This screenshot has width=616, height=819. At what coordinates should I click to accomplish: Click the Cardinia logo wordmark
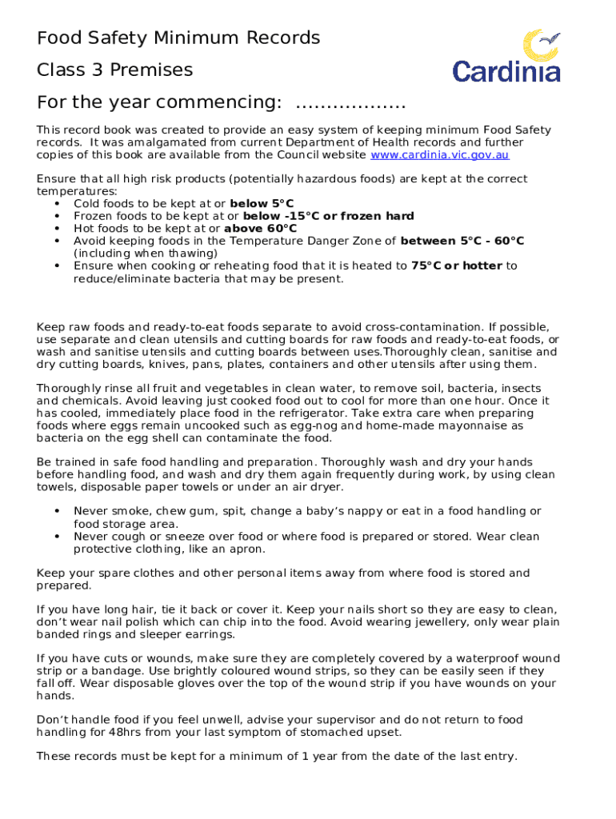(x=506, y=70)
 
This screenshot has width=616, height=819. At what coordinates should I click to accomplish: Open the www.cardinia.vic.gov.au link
(x=439, y=155)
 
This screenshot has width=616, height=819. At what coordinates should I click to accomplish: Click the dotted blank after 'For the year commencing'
(x=350, y=103)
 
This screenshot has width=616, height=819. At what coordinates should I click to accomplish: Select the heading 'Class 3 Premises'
(x=114, y=70)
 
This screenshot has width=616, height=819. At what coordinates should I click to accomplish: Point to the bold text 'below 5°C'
(x=262, y=204)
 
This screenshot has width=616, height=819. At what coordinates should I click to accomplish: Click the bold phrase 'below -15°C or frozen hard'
(x=328, y=216)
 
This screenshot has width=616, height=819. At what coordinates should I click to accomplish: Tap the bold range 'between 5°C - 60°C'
(x=462, y=241)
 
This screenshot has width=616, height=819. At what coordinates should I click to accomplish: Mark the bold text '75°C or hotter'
(x=457, y=266)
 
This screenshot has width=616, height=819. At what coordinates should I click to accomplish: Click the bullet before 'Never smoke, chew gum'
(x=57, y=511)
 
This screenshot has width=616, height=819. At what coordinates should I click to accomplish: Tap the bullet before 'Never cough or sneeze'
(x=57, y=537)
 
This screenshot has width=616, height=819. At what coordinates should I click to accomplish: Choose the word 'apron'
(x=248, y=549)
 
